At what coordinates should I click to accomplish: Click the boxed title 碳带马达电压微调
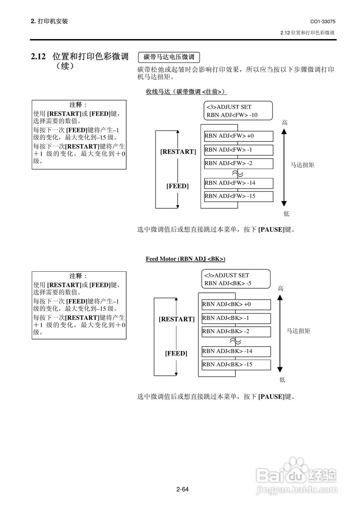[169, 57]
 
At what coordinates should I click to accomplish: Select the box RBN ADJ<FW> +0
[239, 136]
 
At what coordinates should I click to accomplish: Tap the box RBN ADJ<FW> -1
[239, 150]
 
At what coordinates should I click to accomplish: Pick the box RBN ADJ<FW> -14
[239, 183]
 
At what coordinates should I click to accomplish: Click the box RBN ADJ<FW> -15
[239, 196]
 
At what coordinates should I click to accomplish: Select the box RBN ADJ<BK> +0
[236, 305]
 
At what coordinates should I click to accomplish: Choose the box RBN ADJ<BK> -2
[236, 331]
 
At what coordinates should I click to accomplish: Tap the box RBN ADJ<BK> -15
[236, 365]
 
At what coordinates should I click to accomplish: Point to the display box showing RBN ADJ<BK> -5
[236, 279]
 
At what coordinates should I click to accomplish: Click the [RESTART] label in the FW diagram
[178, 152]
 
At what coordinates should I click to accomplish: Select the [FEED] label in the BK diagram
[176, 353]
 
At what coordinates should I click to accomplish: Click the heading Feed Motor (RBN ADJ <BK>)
[185, 259]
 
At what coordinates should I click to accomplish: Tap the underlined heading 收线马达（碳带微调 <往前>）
[186, 92]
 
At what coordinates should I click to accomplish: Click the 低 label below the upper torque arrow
[286, 214]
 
